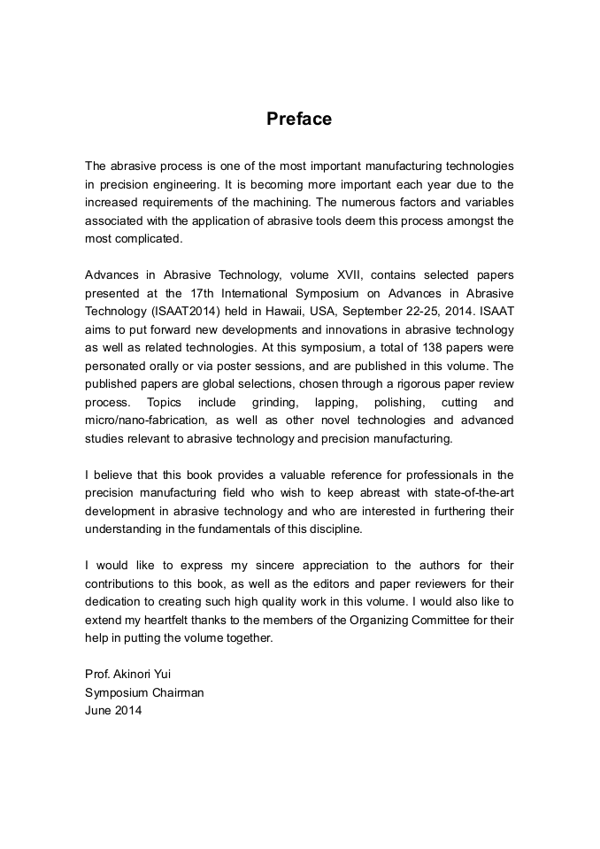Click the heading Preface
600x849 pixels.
click(299, 119)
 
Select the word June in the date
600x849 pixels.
click(97, 709)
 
